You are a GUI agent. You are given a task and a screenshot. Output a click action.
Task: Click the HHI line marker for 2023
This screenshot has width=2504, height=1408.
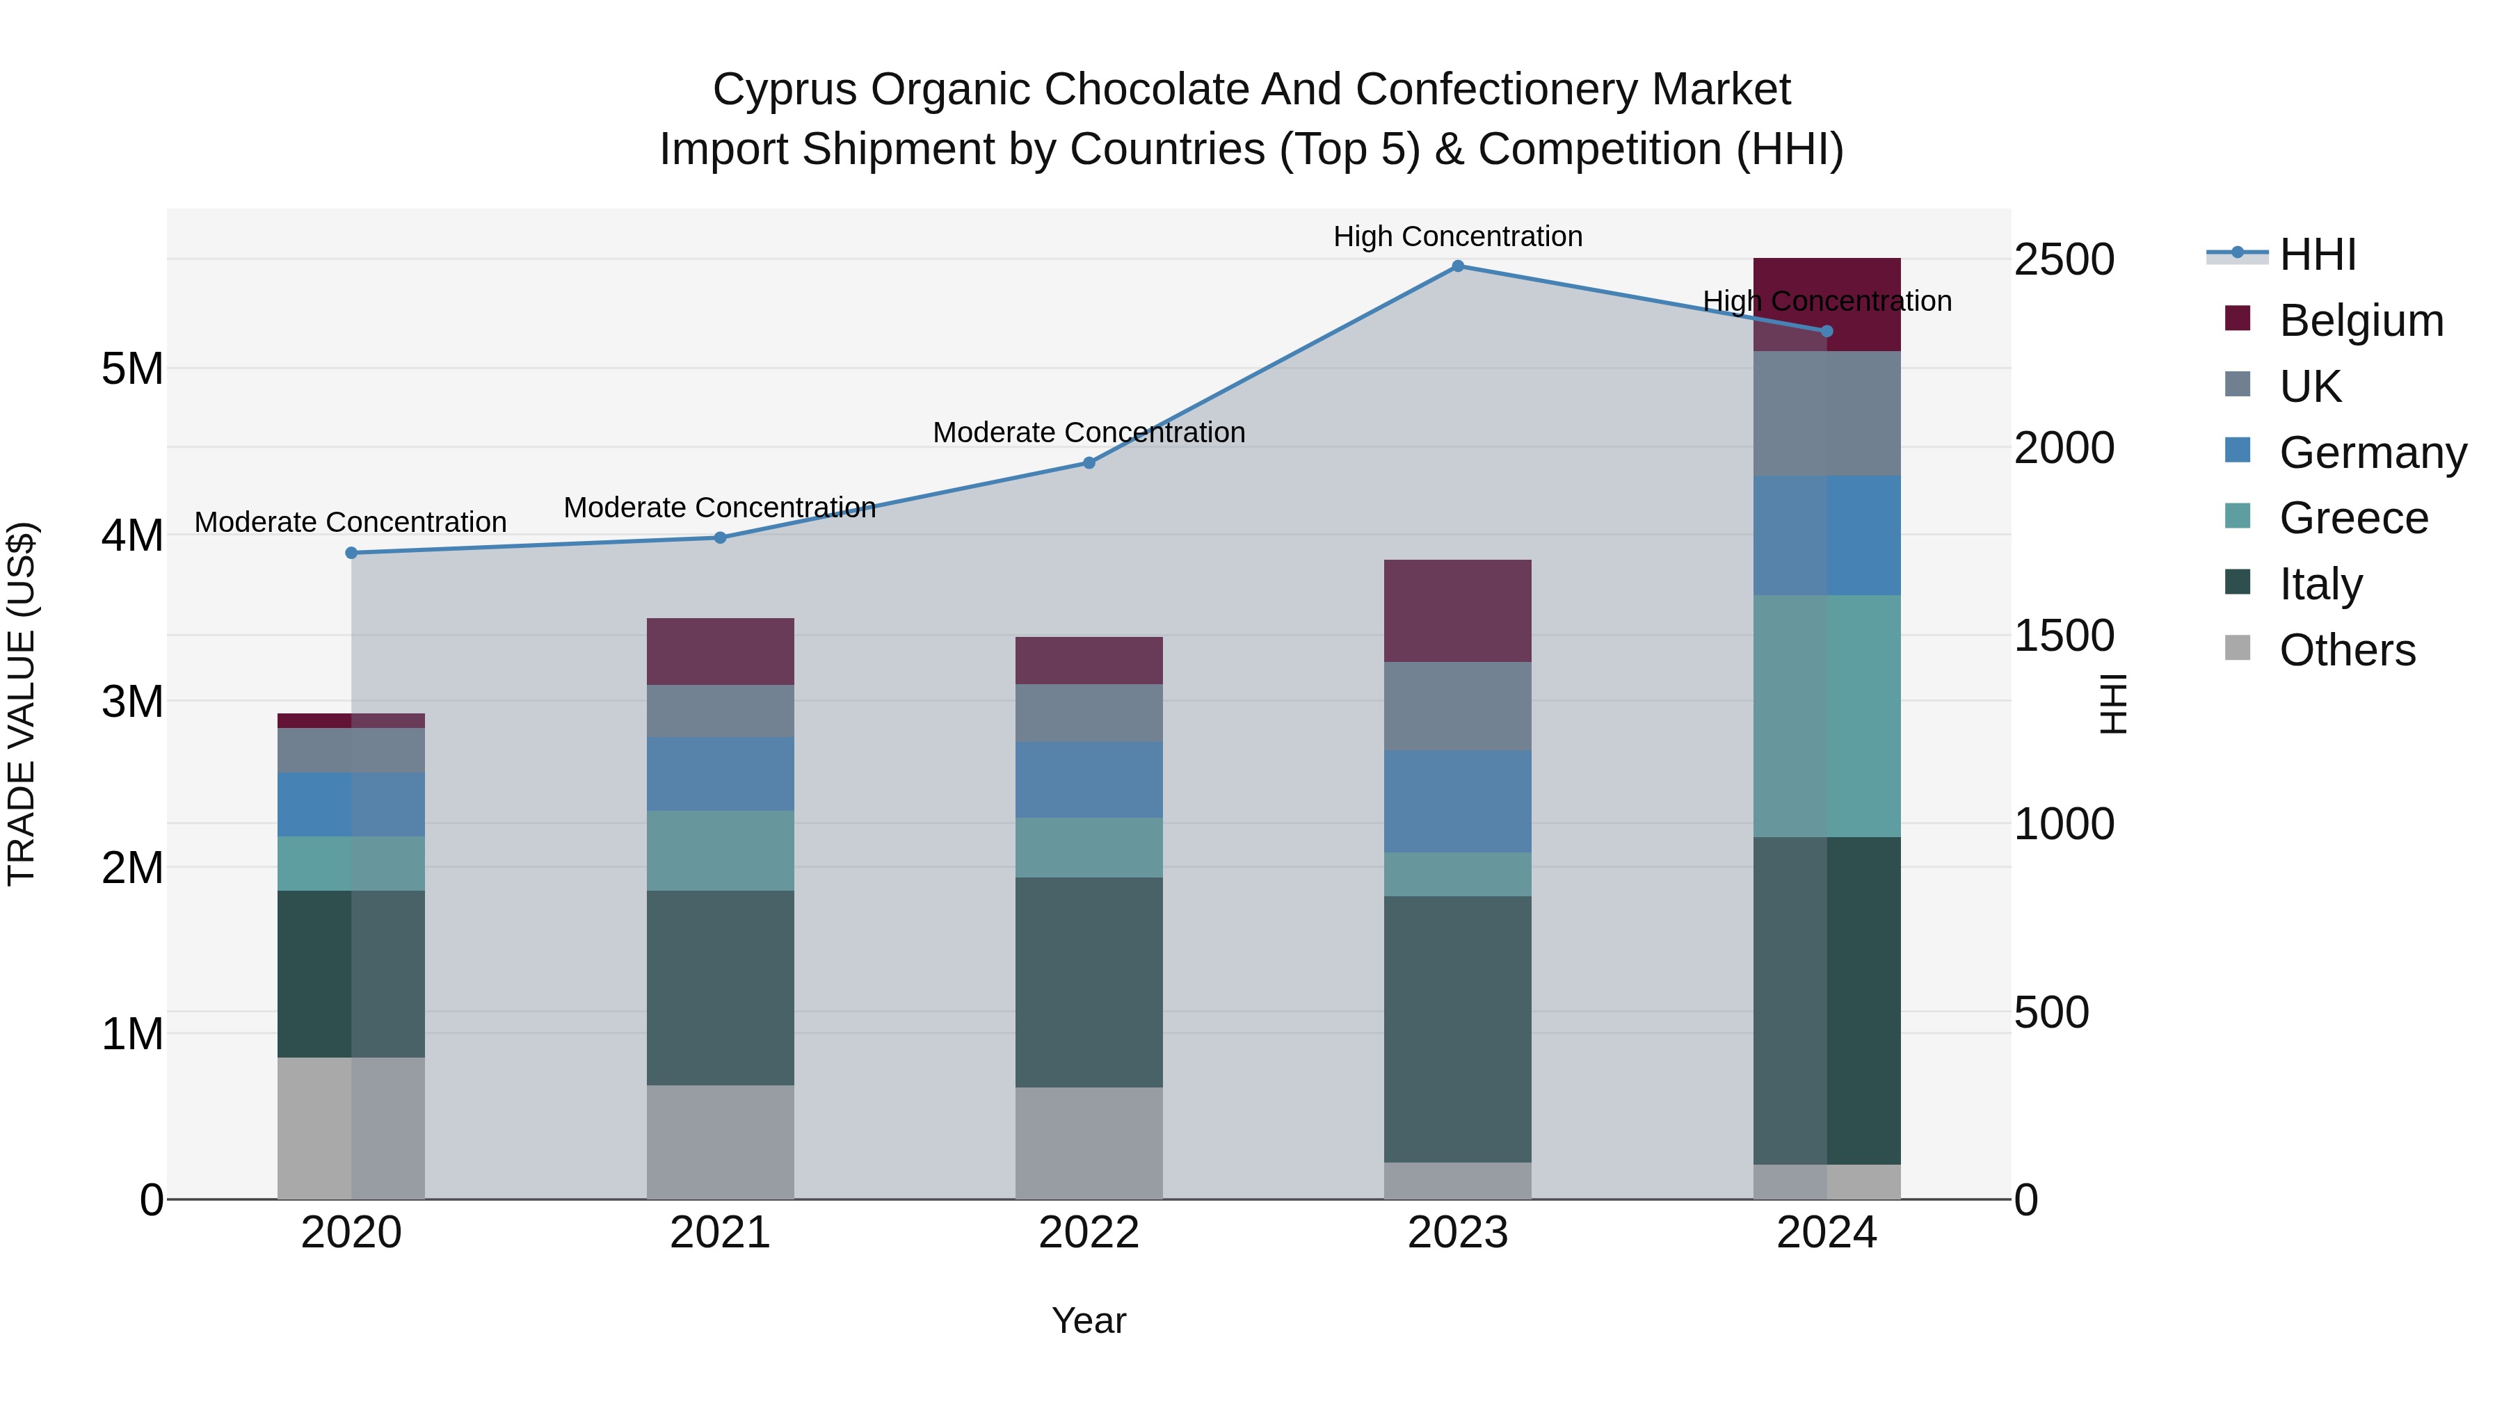[1457, 266]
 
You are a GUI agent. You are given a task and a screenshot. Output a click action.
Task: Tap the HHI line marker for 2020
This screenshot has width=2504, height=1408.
[351, 553]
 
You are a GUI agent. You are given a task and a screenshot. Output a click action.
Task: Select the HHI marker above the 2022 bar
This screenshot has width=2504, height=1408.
[1089, 464]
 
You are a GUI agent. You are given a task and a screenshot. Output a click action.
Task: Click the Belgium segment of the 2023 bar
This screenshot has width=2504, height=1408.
[1457, 611]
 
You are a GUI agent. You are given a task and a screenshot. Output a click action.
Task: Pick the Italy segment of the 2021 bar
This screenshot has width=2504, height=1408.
[721, 987]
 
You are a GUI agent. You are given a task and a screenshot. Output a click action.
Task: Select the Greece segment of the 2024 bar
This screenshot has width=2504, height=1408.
[1827, 716]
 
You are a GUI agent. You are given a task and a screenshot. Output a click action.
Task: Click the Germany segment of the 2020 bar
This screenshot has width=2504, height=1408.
[351, 804]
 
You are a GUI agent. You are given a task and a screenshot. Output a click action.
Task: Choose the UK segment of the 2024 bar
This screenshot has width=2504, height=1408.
[1827, 414]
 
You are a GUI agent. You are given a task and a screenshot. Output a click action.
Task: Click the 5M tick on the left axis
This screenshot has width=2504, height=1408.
[132, 369]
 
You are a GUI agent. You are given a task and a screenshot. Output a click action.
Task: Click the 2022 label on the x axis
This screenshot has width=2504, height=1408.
[1089, 1233]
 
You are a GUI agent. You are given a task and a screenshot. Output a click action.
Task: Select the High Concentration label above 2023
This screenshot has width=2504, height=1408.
[1457, 236]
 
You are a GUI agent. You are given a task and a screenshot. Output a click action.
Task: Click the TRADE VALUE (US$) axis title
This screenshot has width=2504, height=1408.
[22, 704]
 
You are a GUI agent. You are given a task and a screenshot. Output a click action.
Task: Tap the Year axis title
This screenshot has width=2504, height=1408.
[1089, 1320]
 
